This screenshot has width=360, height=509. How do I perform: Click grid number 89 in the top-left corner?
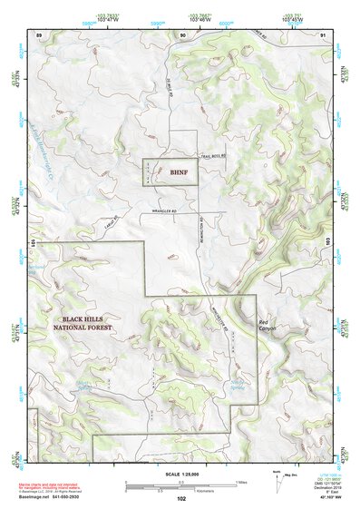[39, 34]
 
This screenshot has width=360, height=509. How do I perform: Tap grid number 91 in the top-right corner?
[324, 34]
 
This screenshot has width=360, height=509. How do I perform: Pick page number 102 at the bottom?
[181, 499]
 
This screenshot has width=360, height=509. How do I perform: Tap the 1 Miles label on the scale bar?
[238, 482]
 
